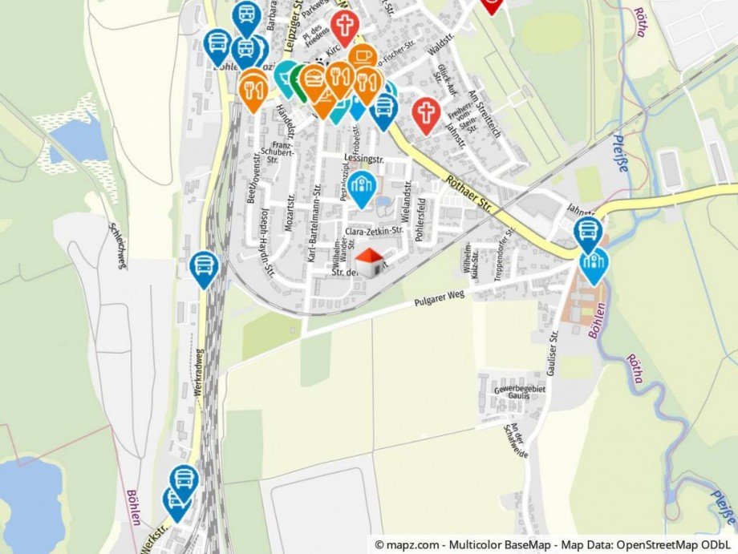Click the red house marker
pyautogui.click(x=370, y=262)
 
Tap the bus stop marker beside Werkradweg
pyautogui.click(x=204, y=268)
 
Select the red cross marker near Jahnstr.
pyautogui.click(x=426, y=114)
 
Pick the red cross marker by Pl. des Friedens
pyautogui.click(x=345, y=26)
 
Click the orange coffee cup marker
pyautogui.click(x=363, y=58)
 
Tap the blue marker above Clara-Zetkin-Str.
pyautogui.click(x=362, y=188)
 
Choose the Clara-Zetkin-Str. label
pyautogui.click(x=374, y=231)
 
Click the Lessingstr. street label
pyautogui.click(x=360, y=157)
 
